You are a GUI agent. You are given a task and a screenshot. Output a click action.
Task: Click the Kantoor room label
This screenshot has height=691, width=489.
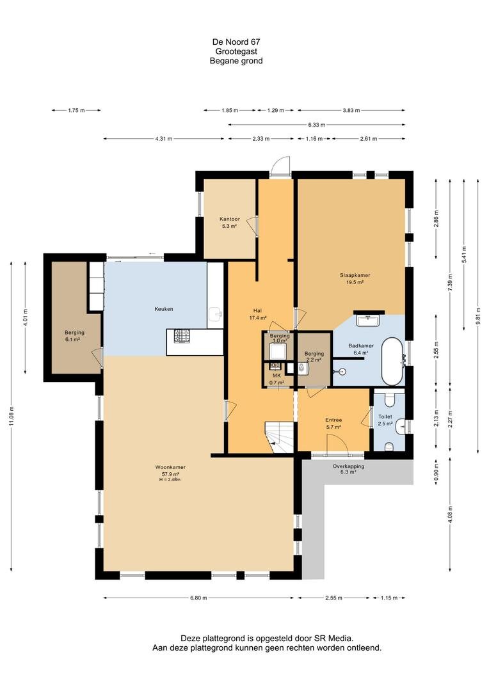[x=230, y=219]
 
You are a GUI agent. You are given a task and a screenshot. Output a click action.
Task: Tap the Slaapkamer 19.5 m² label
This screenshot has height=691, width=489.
[x=355, y=278]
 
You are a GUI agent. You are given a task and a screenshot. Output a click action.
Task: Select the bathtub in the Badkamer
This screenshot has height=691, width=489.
[x=392, y=361]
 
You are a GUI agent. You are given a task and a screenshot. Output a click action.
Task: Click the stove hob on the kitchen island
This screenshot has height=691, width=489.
[x=181, y=337]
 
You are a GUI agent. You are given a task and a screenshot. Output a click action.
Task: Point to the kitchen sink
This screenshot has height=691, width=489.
[x=216, y=314]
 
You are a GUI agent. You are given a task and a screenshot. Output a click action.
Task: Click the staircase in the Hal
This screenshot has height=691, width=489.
[x=279, y=437]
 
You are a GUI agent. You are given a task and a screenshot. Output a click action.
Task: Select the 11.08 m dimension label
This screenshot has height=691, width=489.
[x=12, y=416]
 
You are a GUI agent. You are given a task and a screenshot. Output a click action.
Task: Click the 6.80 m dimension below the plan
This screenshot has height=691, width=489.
[x=198, y=598]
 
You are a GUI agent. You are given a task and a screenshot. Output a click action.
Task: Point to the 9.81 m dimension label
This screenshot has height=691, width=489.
[x=477, y=315]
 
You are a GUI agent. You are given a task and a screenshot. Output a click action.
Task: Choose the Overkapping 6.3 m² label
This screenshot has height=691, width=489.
[x=348, y=469]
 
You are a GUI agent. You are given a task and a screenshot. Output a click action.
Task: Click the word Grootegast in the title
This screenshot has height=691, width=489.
[x=236, y=52]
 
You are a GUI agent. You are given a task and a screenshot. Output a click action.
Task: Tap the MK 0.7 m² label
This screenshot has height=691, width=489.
[x=277, y=379]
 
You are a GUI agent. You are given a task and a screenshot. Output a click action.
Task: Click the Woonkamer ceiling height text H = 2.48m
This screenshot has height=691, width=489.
[x=170, y=479]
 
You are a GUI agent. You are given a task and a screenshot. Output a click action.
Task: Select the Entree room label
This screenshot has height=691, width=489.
[x=334, y=420]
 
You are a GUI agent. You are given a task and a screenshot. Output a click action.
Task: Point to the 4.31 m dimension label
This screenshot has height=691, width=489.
[x=164, y=139]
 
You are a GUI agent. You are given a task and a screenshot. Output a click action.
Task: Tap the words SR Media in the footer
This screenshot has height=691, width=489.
[x=333, y=638]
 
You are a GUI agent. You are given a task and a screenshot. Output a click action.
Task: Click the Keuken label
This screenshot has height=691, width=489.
[x=164, y=309]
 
